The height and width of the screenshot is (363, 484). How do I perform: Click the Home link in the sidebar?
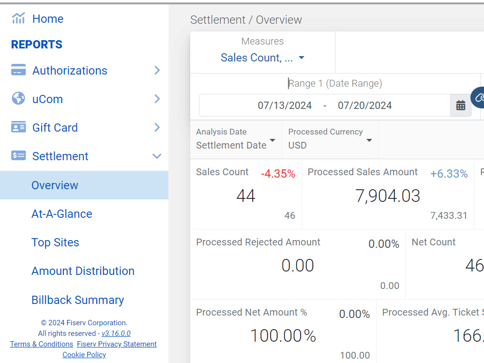(48, 19)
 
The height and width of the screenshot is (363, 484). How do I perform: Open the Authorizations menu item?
(70, 71)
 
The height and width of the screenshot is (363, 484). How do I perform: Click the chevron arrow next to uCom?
(157, 99)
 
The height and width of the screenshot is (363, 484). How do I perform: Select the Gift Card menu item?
(55, 127)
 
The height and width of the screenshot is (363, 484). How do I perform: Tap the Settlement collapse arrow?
(157, 156)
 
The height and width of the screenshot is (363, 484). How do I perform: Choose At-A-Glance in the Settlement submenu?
(62, 214)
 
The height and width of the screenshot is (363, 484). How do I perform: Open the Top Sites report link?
(55, 242)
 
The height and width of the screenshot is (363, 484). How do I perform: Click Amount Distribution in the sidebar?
(83, 271)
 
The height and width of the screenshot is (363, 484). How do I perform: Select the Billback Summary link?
(78, 300)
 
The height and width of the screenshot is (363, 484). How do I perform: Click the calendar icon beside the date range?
(461, 106)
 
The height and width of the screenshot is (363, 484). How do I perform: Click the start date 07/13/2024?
(285, 106)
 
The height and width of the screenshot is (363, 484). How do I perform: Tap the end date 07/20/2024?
(364, 106)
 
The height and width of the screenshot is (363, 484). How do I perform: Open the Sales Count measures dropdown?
(262, 58)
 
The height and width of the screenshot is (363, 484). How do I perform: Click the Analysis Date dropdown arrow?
(272, 140)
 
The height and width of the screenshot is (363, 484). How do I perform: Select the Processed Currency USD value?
(297, 145)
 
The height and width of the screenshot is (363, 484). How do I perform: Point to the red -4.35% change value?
(278, 174)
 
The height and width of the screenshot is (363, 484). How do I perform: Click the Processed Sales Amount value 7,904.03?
(388, 196)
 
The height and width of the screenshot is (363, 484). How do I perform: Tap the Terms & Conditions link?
(41, 344)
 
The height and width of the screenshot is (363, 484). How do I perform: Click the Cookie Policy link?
(84, 355)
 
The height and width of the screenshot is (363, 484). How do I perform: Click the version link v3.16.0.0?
(116, 333)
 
